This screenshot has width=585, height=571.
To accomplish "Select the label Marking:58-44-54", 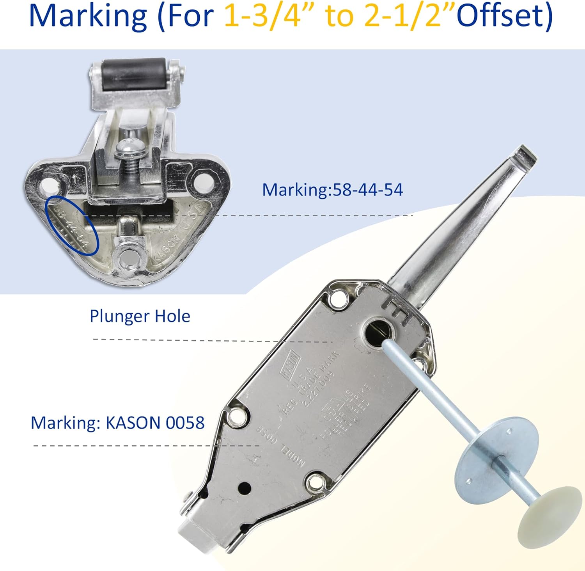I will tap(332, 190).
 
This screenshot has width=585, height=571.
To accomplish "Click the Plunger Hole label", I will tap(140, 316).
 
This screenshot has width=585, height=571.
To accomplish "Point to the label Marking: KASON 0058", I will tap(117, 423).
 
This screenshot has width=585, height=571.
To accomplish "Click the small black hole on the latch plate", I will tap(245, 487).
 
